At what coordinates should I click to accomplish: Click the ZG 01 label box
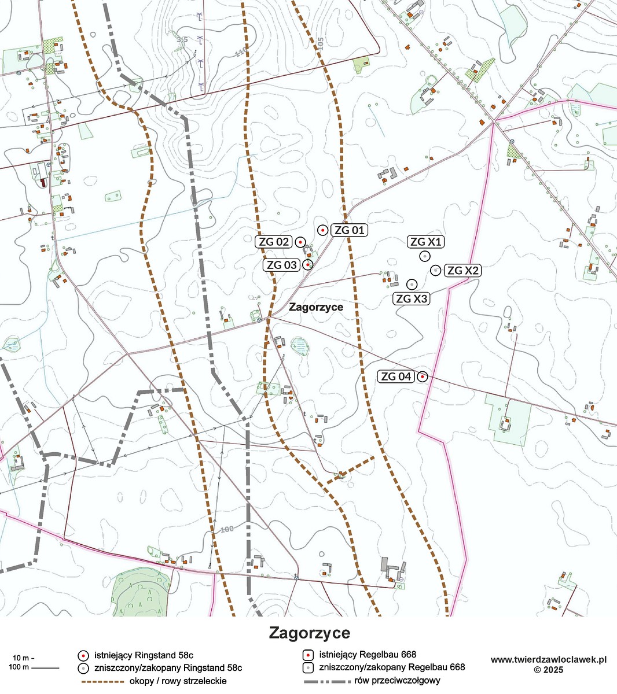350,230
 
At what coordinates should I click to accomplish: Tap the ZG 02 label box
274,242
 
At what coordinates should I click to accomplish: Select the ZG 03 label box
282,265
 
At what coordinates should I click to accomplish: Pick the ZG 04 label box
396,376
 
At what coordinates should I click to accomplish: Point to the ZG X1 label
426,242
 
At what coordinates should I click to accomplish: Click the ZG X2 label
463,270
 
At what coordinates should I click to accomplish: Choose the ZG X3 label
411,298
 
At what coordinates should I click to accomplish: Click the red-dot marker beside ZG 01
322,230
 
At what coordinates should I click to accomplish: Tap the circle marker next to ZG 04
423,376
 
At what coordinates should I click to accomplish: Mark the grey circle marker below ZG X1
425,256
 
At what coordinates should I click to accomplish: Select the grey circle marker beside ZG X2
436,270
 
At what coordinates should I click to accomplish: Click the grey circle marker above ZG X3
412,284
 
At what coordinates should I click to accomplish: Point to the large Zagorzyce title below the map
309,633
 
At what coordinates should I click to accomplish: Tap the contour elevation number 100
227,529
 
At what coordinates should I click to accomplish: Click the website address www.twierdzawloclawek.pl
548,659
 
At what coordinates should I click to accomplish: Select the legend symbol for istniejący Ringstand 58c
83,655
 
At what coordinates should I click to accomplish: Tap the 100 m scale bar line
45,669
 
